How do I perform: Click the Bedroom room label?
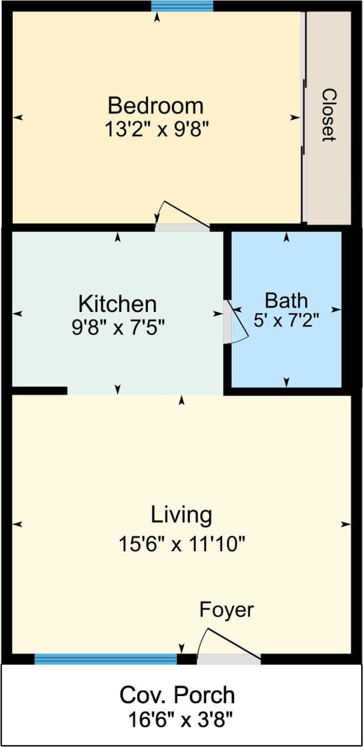pyautogui.click(x=156, y=106)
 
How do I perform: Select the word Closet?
pyautogui.click(x=328, y=115)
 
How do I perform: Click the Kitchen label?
pyautogui.click(x=118, y=304)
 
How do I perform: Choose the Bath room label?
pyautogui.click(x=286, y=299)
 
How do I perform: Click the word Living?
pyautogui.click(x=181, y=515)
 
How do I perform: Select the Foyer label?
pyautogui.click(x=226, y=610)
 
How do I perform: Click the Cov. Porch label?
pyautogui.click(x=177, y=696)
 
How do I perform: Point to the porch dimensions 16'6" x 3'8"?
pyautogui.click(x=181, y=718)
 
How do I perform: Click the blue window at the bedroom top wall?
pyautogui.click(x=182, y=6)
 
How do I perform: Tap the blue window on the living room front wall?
pyautogui.click(x=105, y=659)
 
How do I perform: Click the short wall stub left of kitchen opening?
pyautogui.click(x=39, y=391)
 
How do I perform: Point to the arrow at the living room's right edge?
pyautogui.click(x=346, y=524)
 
